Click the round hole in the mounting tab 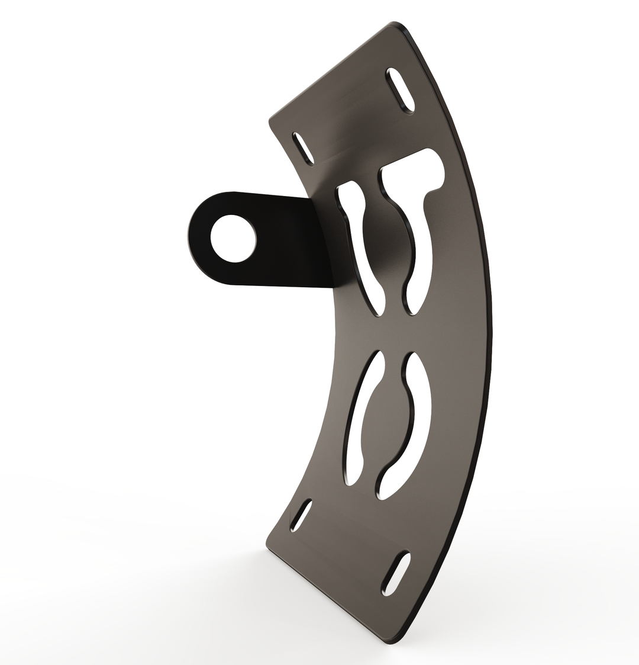pos(233,238)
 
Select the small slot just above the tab pos(303,148)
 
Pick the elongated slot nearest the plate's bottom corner pos(396,573)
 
